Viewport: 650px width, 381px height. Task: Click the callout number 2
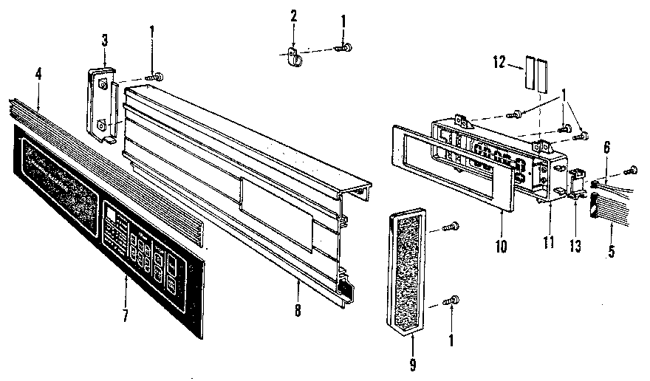point(293,16)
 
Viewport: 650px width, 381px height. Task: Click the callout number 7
point(126,316)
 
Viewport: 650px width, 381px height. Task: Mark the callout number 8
point(297,310)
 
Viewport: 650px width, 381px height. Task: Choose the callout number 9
point(412,363)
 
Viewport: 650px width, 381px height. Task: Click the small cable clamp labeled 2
point(293,54)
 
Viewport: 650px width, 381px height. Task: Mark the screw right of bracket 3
point(154,77)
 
